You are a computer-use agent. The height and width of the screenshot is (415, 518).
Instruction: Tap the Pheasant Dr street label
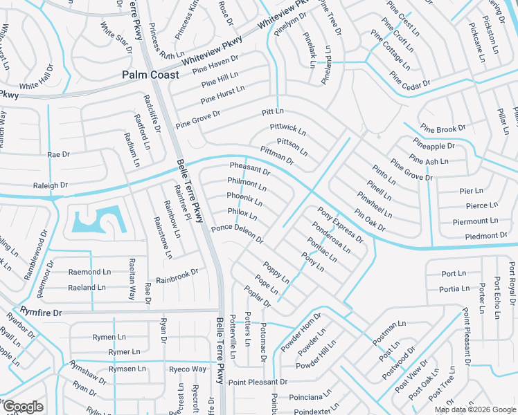coord(249,169)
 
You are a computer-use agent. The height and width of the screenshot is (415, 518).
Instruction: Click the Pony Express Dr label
coord(340,225)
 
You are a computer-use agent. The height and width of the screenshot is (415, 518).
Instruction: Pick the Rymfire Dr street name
coord(42,313)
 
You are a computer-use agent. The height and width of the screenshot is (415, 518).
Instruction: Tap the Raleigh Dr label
coord(51,185)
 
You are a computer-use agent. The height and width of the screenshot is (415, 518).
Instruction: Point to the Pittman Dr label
coord(277,156)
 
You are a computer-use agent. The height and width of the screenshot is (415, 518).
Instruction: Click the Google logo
coord(23,406)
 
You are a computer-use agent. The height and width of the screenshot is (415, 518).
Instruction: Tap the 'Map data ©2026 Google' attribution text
coord(474,409)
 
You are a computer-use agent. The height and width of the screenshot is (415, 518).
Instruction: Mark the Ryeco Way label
coord(188,369)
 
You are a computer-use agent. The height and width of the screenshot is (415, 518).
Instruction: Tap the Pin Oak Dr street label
coord(369,219)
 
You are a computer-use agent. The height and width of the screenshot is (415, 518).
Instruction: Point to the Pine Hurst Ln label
coord(222,95)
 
